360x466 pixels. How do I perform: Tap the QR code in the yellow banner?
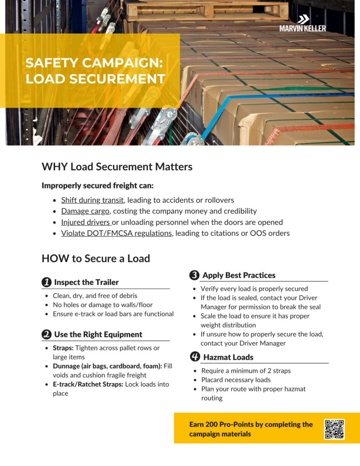334,429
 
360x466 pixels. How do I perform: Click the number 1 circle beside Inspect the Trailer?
46,283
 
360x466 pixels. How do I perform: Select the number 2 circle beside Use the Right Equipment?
46,334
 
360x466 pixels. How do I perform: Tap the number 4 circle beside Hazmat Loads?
194,357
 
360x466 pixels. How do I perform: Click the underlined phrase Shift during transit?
92,200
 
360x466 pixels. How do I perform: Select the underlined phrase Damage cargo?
85,211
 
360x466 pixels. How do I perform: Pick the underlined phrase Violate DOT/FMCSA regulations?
117,233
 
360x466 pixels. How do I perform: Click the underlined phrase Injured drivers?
86,222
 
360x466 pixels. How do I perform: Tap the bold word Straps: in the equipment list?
63,348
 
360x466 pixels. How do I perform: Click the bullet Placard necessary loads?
236,380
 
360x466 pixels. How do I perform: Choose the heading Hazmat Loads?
228,357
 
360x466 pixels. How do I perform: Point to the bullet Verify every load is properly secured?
254,289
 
